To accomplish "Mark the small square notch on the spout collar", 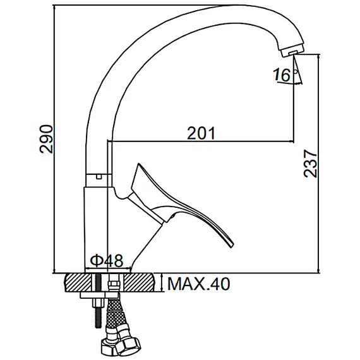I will tap(97, 176).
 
